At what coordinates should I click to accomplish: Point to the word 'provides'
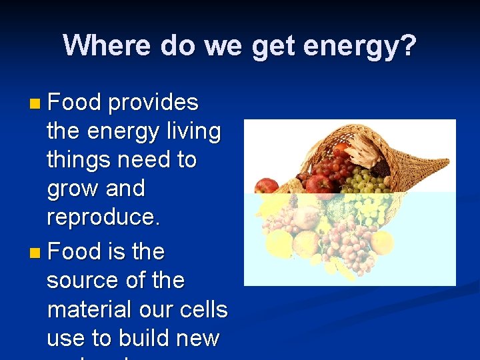[x=153, y=103]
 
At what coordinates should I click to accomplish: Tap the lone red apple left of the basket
[x=267, y=186]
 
